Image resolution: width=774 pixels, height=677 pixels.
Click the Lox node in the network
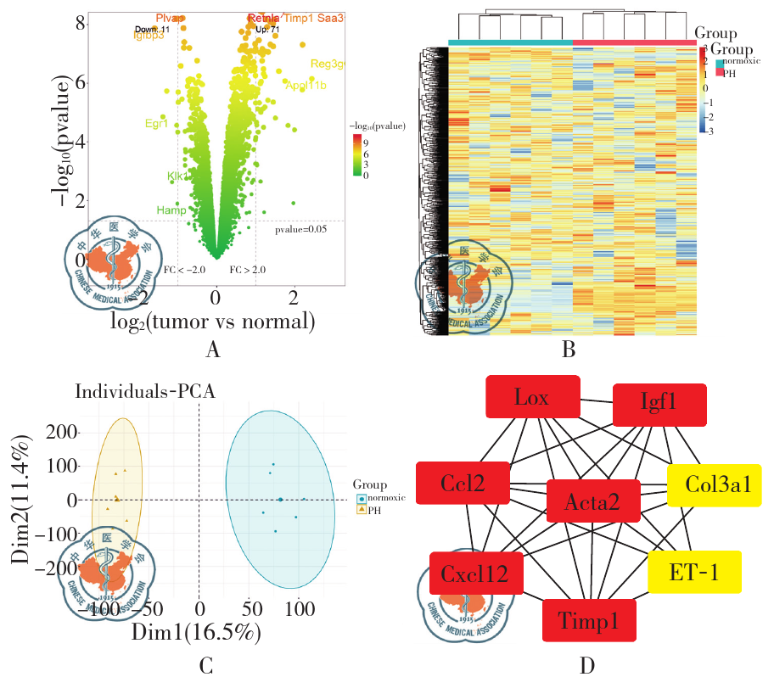coord(532,397)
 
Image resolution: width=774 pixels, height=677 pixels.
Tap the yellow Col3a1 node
coord(714,486)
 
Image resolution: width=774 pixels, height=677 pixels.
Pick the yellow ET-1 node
coord(694,572)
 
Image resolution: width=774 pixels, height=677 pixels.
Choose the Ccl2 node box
coord(463,484)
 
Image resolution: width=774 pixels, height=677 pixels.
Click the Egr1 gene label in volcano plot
coord(156,124)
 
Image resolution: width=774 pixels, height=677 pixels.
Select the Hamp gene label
coord(171,210)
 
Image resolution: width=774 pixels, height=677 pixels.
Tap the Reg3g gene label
coord(328,64)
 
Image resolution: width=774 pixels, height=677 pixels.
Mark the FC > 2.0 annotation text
coord(247,269)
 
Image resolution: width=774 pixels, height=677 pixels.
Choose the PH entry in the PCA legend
coord(373,509)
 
